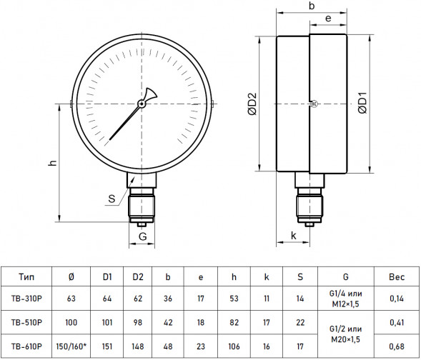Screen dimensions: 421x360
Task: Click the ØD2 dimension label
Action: (x=252, y=104)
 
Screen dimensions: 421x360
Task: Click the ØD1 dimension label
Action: (x=362, y=103)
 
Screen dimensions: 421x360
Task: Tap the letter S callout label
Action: (x=112, y=199)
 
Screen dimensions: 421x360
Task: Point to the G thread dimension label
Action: (x=142, y=236)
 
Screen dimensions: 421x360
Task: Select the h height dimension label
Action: (x=53, y=163)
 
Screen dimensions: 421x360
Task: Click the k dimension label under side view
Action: (x=294, y=236)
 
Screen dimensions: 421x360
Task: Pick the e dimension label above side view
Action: (x=328, y=19)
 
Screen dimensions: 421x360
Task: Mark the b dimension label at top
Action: (x=312, y=6)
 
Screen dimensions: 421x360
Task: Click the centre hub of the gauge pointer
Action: (x=142, y=104)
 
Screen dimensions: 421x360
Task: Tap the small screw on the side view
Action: (x=314, y=104)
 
